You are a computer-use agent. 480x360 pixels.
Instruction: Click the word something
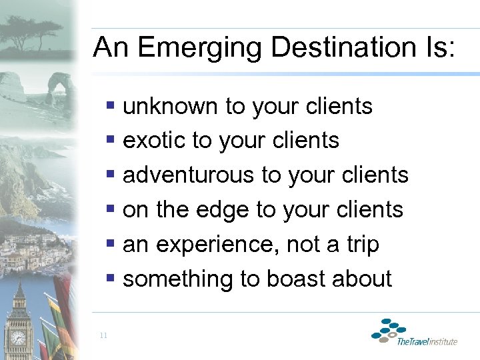pos(179,279)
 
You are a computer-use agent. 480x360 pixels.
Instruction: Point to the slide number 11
pos(103,335)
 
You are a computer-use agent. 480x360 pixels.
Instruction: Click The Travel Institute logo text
pos(427,342)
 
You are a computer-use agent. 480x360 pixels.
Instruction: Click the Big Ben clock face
pos(18,338)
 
